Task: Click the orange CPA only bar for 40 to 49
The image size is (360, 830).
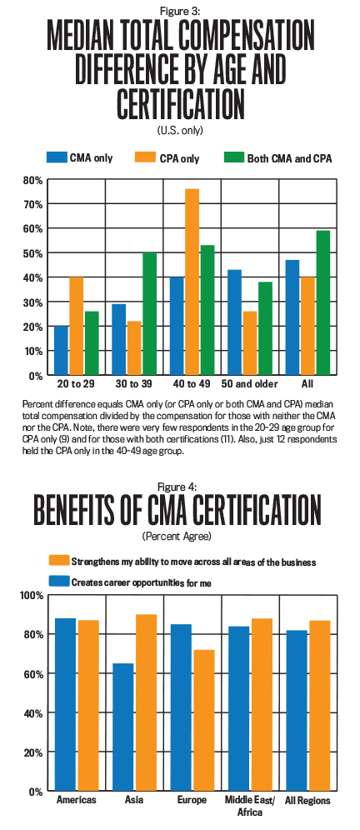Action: coord(192,282)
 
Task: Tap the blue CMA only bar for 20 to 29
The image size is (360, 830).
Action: coord(62,351)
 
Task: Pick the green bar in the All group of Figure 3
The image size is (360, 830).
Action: coord(323,302)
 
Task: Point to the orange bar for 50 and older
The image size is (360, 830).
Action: coord(250,343)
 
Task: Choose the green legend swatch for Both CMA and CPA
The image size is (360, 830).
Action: coord(233,157)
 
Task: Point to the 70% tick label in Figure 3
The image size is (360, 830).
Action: coord(32,204)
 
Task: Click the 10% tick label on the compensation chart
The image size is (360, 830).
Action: coord(32,351)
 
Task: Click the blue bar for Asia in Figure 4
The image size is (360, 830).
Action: coord(122,727)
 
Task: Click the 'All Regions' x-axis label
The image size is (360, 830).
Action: coord(308,800)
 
